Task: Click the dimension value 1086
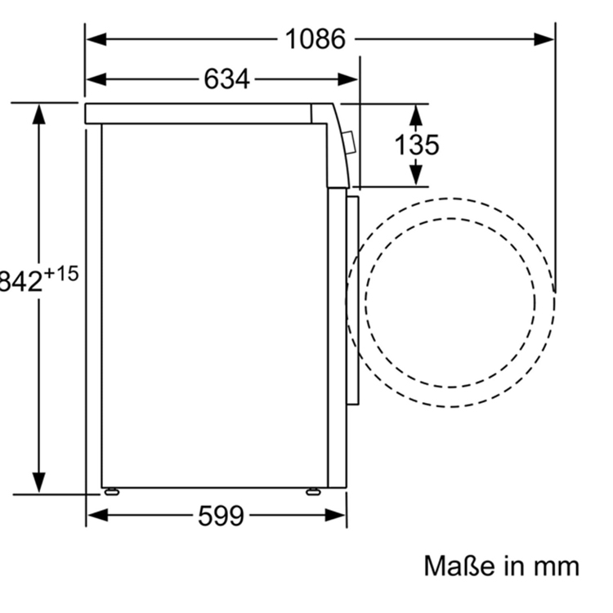pyautogui.click(x=315, y=38)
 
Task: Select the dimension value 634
pyautogui.click(x=226, y=78)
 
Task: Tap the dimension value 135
pyautogui.click(x=417, y=145)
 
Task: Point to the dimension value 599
pyautogui.click(x=221, y=515)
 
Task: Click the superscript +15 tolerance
pyautogui.click(x=60, y=274)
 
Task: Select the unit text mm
pyautogui.click(x=556, y=566)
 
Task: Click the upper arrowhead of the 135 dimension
pyautogui.click(x=417, y=114)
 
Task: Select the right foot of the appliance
pyautogui.click(x=313, y=492)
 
